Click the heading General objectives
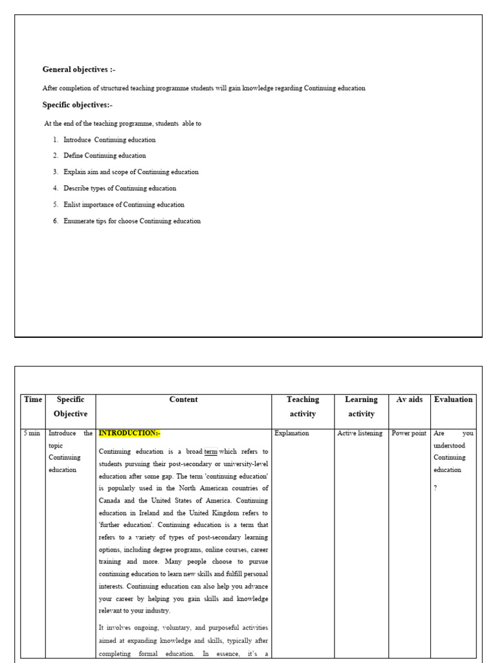79,70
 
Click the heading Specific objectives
77,105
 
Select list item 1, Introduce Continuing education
109,140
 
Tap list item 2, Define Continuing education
104,156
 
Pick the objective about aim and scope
131,172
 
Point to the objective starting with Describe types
119,188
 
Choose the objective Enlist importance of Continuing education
124,205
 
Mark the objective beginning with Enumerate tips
132,221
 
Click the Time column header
33,400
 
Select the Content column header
183,400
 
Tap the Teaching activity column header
303,407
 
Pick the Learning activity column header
361,407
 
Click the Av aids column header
409,400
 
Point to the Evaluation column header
453,400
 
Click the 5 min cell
32,433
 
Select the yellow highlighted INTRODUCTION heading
129,433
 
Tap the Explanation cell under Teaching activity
292,433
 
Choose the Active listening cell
360,433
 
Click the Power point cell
409,433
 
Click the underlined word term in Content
211,452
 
